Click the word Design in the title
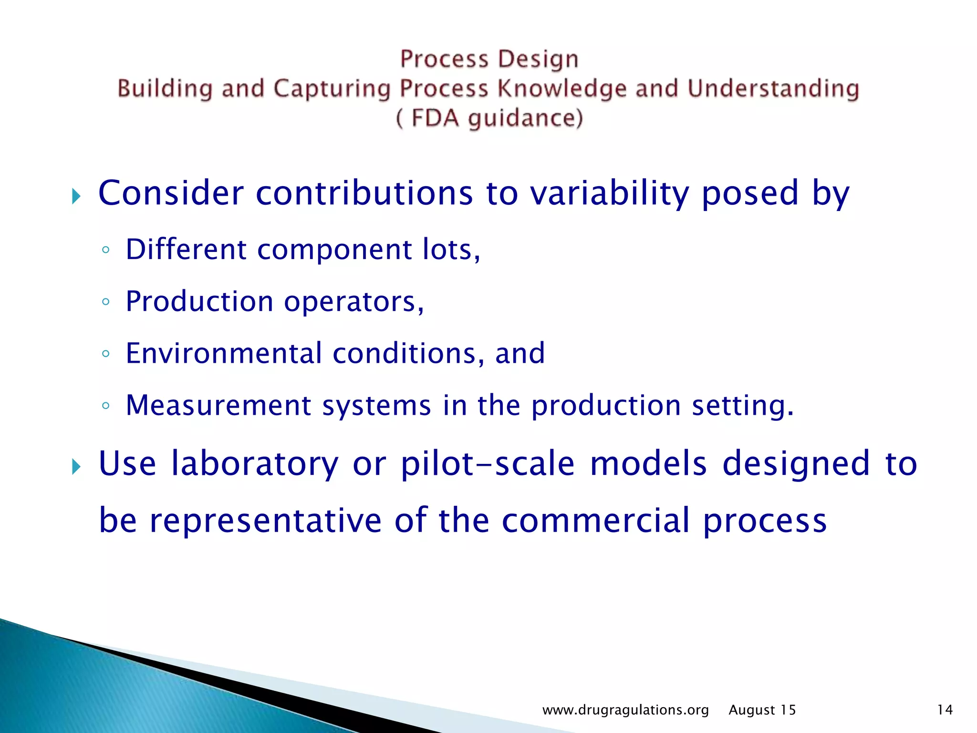click(x=538, y=60)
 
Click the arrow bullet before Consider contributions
click(x=76, y=196)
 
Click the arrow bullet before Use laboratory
click(x=76, y=466)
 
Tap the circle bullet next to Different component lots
click(x=106, y=250)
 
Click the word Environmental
click(x=224, y=354)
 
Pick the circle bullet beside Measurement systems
click(x=106, y=406)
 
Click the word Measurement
click(x=218, y=406)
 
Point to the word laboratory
click(x=254, y=463)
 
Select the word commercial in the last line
click(x=595, y=520)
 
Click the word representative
click(x=266, y=520)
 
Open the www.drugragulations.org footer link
click(x=625, y=710)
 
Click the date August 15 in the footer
click(x=762, y=710)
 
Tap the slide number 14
click(x=945, y=710)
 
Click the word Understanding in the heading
click(x=773, y=89)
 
